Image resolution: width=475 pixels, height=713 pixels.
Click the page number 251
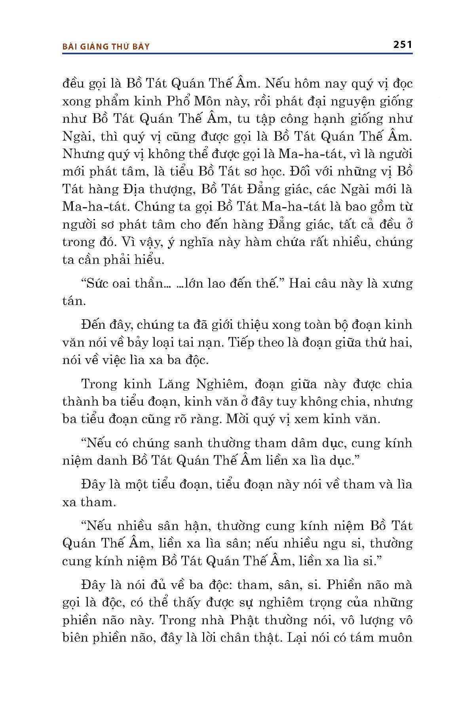click(x=403, y=44)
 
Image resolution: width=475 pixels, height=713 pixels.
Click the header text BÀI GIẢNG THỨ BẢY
click(x=106, y=46)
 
